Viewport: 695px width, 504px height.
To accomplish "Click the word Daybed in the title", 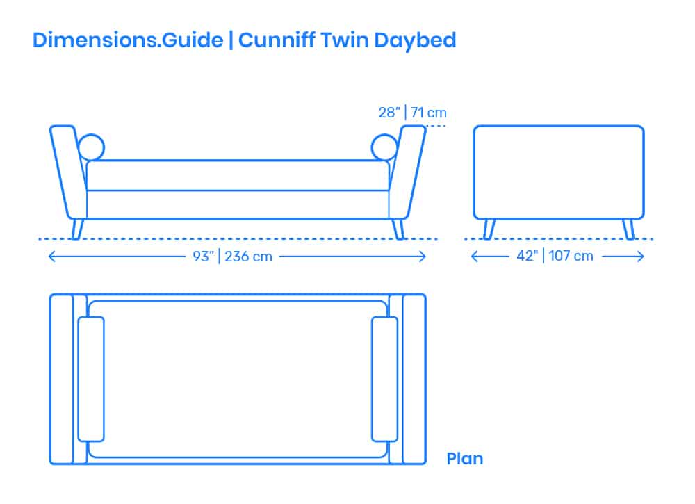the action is click(x=415, y=41).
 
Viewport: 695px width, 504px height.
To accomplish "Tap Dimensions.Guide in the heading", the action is click(x=128, y=40).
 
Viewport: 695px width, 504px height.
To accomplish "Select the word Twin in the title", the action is click(x=345, y=40).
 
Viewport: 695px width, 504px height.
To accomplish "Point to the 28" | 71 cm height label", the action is click(x=412, y=113).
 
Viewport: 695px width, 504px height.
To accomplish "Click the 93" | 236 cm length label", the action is click(x=232, y=257).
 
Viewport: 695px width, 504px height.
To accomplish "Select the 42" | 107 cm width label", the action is click(x=555, y=256).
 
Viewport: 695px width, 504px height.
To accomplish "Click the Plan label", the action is click(x=464, y=459).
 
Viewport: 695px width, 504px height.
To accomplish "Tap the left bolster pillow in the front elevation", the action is click(x=91, y=147).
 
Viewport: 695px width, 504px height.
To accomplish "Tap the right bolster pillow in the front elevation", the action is click(x=384, y=147).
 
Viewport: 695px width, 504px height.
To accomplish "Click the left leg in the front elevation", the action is click(x=78, y=229).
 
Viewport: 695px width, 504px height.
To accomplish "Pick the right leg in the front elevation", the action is click(x=398, y=229).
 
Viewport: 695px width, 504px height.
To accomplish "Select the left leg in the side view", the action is click(x=489, y=229).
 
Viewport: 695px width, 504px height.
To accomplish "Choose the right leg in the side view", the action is click(x=628, y=229).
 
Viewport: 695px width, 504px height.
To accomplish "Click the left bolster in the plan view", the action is click(x=91, y=379).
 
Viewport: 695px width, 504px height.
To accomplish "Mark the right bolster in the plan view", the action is click(x=384, y=379).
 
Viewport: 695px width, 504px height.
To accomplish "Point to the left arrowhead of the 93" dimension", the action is click(x=52, y=257).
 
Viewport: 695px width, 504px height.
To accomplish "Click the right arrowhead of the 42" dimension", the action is click(x=641, y=257).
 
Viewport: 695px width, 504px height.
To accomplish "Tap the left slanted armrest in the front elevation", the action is click(x=69, y=173).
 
